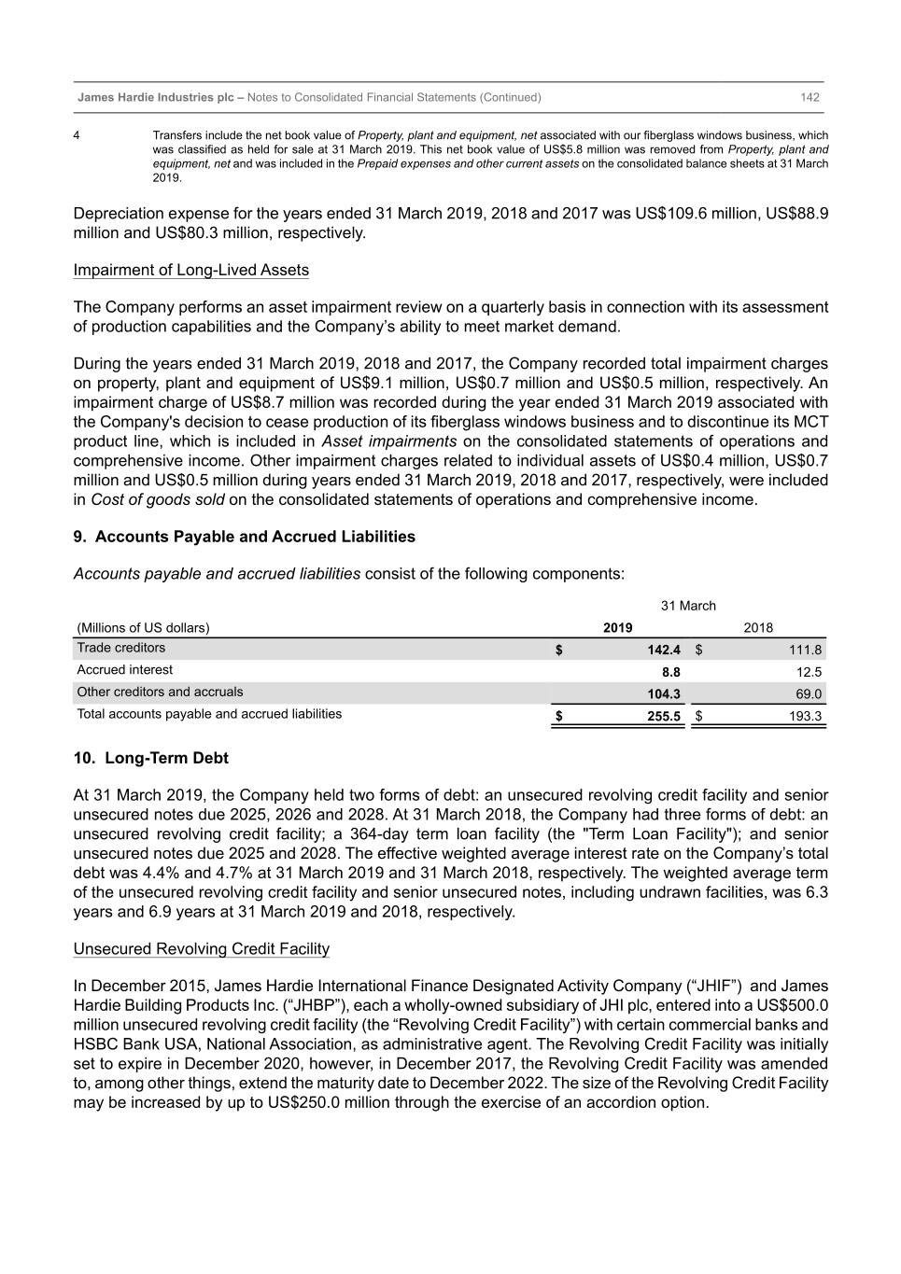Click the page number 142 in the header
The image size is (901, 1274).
[x=809, y=97]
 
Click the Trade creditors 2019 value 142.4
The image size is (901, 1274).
[x=664, y=650]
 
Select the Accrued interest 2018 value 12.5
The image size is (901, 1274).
[x=809, y=672]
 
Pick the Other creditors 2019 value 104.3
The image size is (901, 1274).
[x=664, y=694]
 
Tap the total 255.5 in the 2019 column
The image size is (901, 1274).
[x=664, y=717]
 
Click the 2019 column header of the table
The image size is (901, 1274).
[x=617, y=628]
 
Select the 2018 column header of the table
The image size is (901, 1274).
[x=758, y=628]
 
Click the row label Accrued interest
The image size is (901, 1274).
[x=124, y=670]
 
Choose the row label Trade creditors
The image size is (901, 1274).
[x=121, y=648]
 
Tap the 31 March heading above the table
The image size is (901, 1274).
[x=688, y=606]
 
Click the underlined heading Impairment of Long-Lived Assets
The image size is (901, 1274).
[x=190, y=271]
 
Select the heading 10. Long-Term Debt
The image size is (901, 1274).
[x=150, y=758]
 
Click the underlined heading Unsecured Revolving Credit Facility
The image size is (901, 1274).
[x=201, y=949]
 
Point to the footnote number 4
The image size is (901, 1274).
[x=77, y=135]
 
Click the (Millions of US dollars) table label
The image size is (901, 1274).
[x=143, y=628]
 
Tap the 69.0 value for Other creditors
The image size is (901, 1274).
[x=809, y=694]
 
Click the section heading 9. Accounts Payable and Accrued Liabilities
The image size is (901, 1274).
[x=244, y=537]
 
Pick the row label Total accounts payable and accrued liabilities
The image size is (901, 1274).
[x=209, y=714]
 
